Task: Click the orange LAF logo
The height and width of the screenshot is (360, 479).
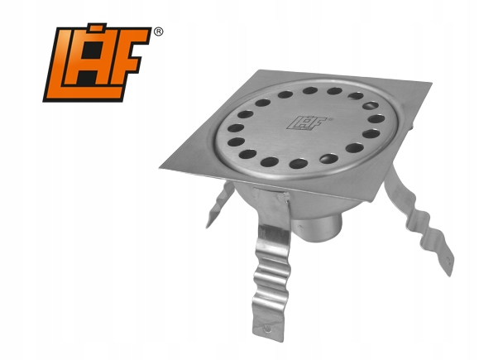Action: (x=98, y=63)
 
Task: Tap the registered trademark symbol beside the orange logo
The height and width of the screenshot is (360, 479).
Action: (x=158, y=31)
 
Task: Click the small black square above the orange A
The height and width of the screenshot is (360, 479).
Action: (x=97, y=26)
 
